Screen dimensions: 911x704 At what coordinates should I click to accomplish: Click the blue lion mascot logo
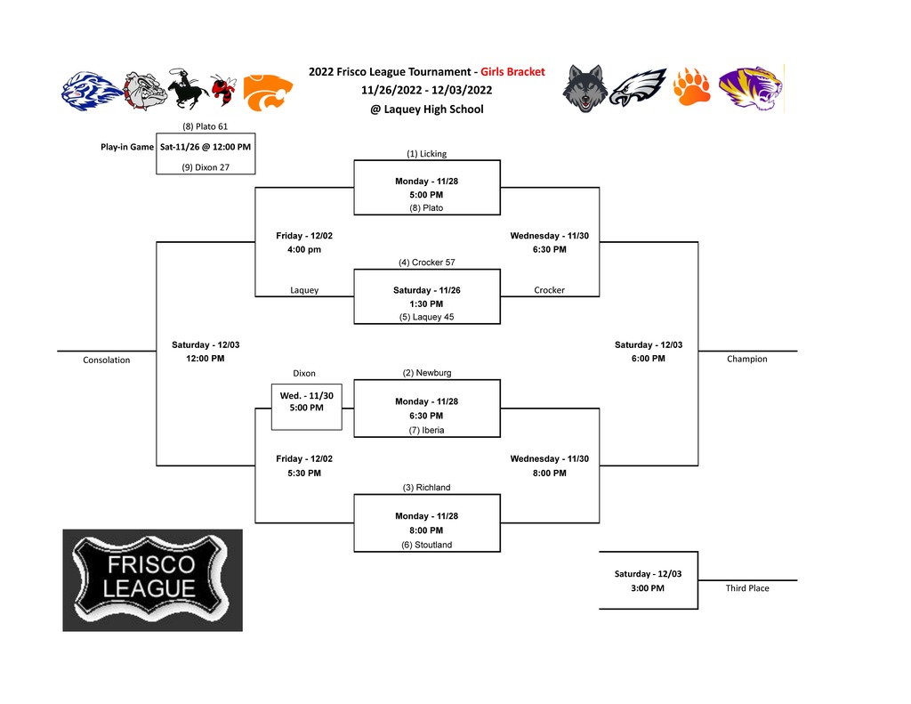click(x=91, y=92)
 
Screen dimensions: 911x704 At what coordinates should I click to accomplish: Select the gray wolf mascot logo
click(x=585, y=88)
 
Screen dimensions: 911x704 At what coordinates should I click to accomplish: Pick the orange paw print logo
click(x=691, y=87)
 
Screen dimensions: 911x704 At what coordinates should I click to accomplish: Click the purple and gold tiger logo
click(x=751, y=88)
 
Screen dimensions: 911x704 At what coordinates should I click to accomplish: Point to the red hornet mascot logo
click(x=223, y=90)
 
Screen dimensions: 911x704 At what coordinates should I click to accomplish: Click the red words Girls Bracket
click(x=512, y=71)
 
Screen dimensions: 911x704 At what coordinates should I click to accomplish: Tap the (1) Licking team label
click(x=426, y=153)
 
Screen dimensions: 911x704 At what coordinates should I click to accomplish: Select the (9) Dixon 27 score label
click(x=206, y=167)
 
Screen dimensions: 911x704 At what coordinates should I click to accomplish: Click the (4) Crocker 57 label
click(x=426, y=263)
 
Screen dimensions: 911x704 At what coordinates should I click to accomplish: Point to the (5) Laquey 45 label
click(x=426, y=317)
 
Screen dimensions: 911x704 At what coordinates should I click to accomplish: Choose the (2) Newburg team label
click(x=426, y=373)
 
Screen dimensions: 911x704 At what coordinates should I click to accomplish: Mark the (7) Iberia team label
click(x=426, y=430)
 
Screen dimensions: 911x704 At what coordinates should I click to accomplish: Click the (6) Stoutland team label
click(x=426, y=545)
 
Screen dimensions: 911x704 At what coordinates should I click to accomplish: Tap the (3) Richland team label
click(x=426, y=487)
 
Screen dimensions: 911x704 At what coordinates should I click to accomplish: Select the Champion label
click(x=747, y=359)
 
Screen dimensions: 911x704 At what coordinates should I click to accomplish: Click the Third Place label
click(x=747, y=587)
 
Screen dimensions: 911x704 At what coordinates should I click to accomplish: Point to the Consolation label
click(x=107, y=360)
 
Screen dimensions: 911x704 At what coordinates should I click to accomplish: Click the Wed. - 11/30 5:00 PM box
click(x=307, y=407)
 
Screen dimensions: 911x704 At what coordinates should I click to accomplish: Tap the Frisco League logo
click(x=153, y=580)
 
